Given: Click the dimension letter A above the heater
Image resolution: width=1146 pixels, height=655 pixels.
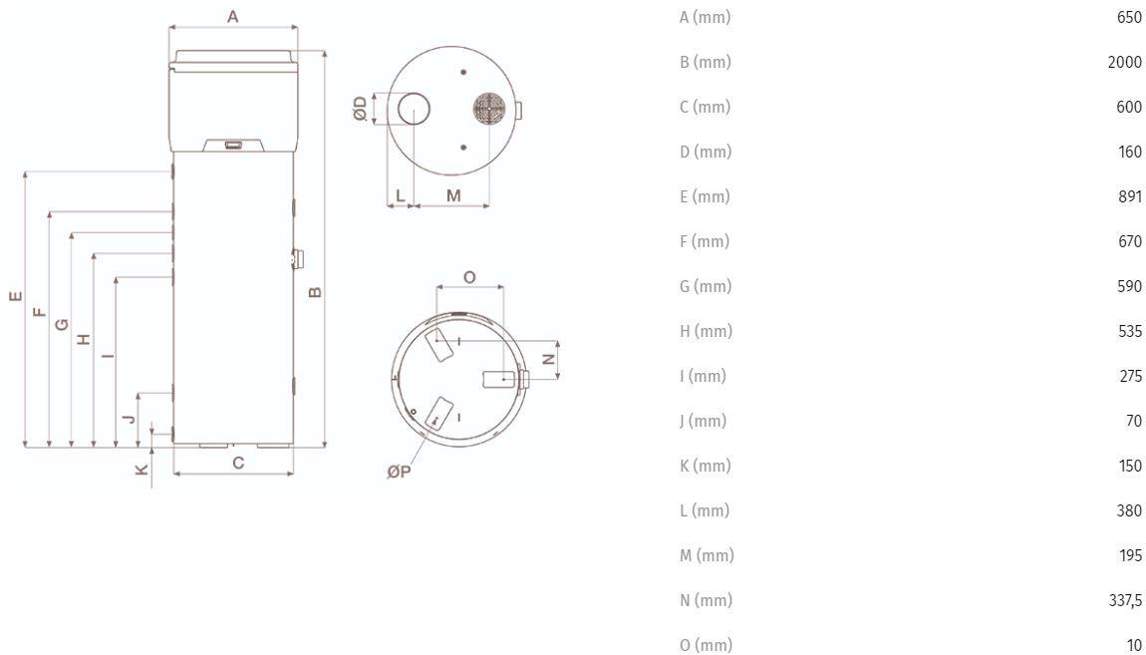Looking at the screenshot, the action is coord(232,16).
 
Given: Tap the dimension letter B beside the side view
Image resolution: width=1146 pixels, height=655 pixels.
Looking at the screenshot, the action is coord(315,292).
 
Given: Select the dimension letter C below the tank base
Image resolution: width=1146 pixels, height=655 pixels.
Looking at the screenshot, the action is coord(238,463).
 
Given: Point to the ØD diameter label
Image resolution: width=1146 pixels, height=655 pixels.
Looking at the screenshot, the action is coord(361,109).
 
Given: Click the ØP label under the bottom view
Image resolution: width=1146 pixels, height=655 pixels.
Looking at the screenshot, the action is coord(399,472).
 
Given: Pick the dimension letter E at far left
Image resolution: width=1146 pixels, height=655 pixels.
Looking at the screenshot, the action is coord(16,296).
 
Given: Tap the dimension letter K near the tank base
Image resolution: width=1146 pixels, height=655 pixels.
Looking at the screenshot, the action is coord(142,470).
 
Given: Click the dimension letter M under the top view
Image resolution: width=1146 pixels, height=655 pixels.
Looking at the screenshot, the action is coord(453,196).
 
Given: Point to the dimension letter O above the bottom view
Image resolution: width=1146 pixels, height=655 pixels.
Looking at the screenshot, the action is coord(470,277).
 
